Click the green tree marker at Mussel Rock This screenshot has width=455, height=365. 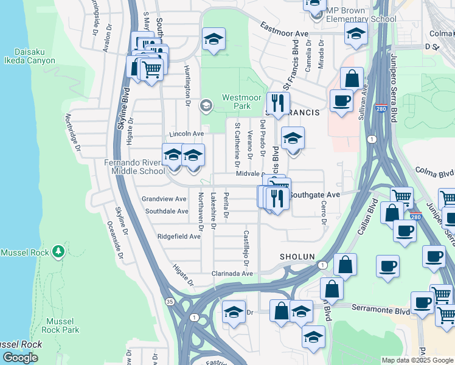58,251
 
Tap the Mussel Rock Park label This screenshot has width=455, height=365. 62,325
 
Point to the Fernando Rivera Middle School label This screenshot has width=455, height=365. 134,167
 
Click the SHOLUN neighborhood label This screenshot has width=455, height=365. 297,257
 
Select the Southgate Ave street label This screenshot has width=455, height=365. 313,195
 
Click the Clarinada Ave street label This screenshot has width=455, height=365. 232,274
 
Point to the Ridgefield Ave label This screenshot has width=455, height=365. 179,236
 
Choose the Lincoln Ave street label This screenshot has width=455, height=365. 186,133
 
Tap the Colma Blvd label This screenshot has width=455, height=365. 437,173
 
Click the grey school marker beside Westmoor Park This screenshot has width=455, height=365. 206,106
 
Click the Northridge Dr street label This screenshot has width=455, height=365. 73,133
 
